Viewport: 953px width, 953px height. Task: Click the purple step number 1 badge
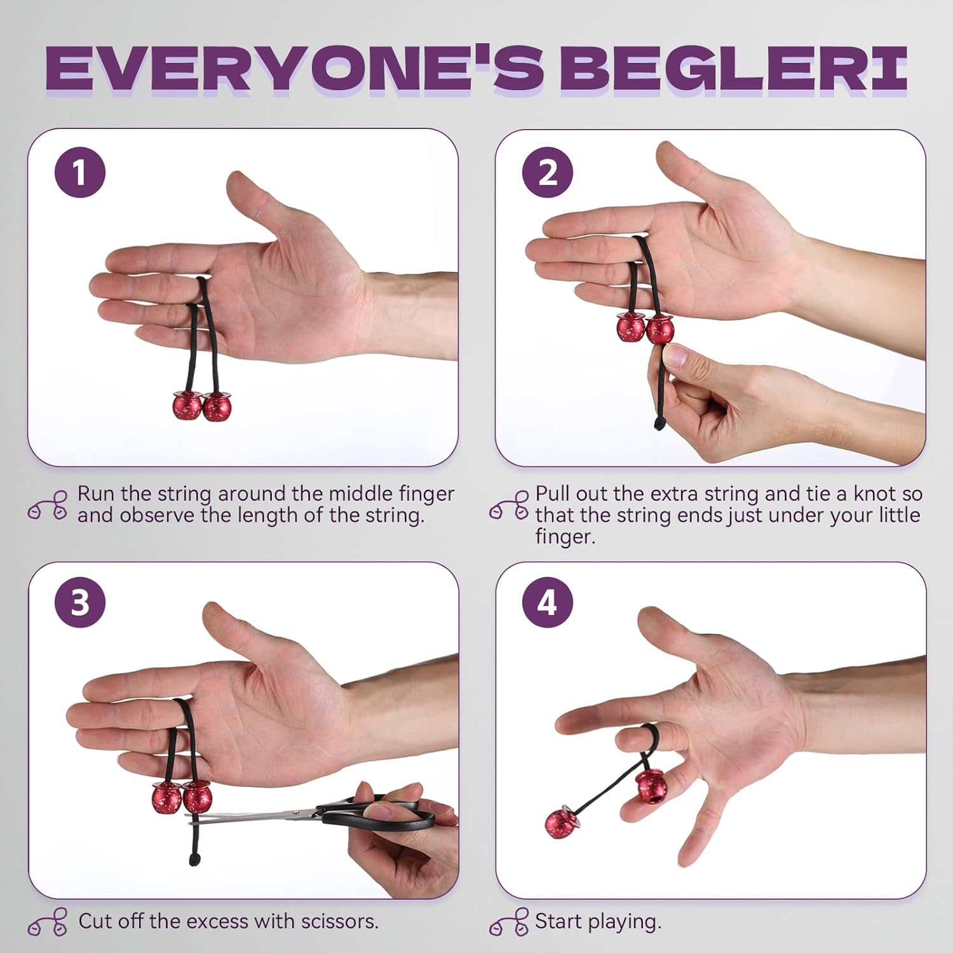79,172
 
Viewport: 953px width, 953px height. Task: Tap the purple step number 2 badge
548,172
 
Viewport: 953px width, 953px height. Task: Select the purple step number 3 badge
79,602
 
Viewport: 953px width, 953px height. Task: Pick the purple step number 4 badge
548,602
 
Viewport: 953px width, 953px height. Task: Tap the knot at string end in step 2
659,422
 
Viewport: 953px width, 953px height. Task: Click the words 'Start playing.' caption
597,921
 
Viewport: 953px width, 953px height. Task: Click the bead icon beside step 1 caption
48,505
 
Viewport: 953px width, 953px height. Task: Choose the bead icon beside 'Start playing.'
509,921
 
